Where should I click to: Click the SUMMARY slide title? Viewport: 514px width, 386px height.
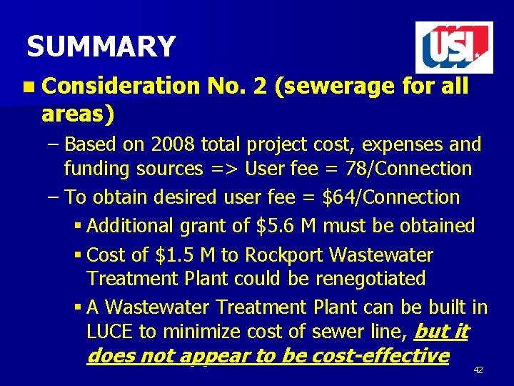click(x=101, y=47)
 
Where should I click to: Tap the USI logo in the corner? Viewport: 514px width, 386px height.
click(x=454, y=48)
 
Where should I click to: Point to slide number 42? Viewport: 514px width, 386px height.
click(x=478, y=370)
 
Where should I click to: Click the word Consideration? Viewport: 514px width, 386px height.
click(x=121, y=86)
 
